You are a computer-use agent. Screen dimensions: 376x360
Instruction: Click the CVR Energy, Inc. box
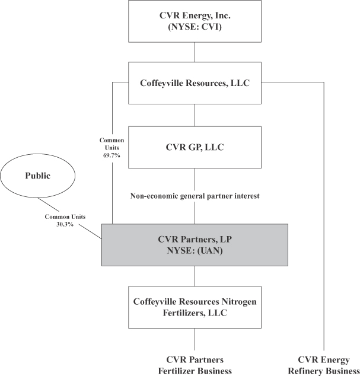pyautogui.click(x=195, y=21)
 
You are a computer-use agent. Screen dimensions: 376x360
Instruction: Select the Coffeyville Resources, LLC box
pyautogui.click(x=195, y=84)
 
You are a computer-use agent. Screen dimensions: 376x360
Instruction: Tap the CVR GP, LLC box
pyautogui.click(x=195, y=146)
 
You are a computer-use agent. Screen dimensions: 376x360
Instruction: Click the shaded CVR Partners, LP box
pyautogui.click(x=195, y=245)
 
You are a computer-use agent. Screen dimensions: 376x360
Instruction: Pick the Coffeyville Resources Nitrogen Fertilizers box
pyautogui.click(x=195, y=307)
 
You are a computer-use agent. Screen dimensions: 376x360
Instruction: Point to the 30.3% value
pyautogui.click(x=59, y=224)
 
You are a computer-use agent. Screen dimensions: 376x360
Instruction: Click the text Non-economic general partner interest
pyautogui.click(x=195, y=195)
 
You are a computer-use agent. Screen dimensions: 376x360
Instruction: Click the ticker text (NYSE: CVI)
pyautogui.click(x=195, y=27)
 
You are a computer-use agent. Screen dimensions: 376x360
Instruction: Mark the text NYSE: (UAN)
pyautogui.click(x=195, y=251)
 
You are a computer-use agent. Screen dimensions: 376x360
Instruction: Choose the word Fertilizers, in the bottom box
pyautogui.click(x=169, y=313)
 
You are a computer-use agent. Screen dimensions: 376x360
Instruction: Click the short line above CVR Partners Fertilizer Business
pyautogui.click(x=195, y=340)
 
